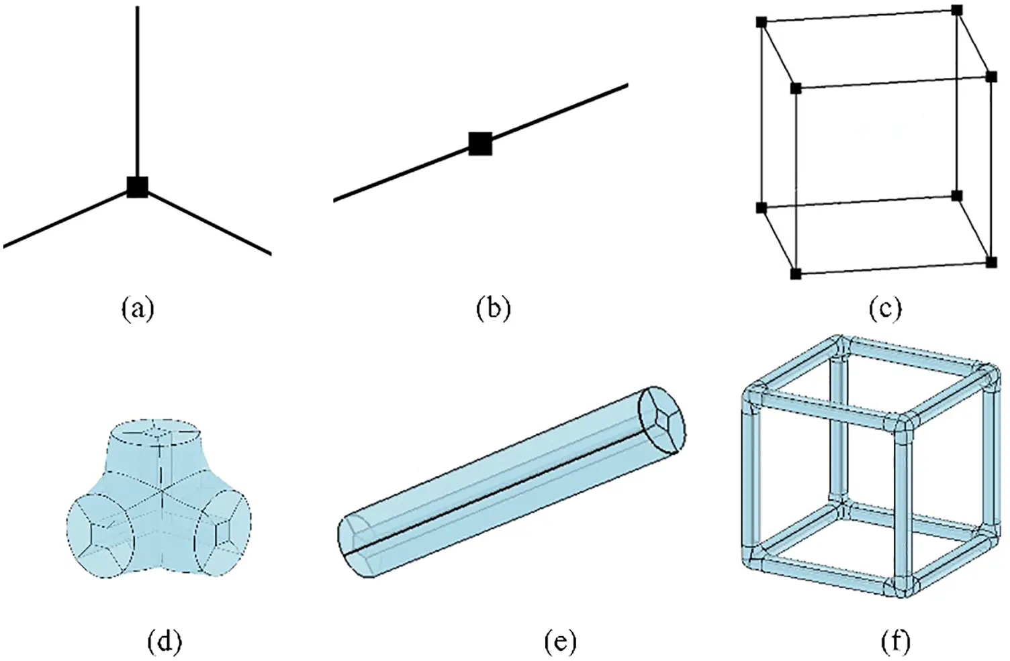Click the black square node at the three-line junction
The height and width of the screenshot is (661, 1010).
(137, 187)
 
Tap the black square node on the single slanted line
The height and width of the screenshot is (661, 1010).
(480, 144)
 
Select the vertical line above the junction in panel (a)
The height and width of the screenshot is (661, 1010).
(138, 87)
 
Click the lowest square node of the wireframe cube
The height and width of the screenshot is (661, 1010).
(796, 274)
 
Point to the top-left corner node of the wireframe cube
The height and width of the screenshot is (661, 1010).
(762, 22)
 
